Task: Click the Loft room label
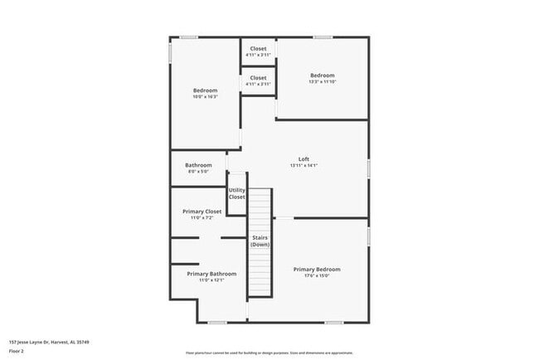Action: click(303, 159)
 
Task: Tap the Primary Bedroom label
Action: click(316, 269)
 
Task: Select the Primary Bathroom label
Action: click(211, 274)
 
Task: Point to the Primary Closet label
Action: click(202, 212)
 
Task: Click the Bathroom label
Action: click(198, 165)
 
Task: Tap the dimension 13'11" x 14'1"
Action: click(303, 166)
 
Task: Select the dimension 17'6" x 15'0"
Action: click(316, 275)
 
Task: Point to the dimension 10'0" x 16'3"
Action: click(205, 97)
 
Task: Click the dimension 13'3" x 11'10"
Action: click(322, 82)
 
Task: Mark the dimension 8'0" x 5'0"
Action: click(198, 172)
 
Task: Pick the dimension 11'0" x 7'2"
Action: click(202, 218)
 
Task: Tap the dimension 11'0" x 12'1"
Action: click(211, 280)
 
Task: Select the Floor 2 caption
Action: click(17, 351)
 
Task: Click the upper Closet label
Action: click(258, 49)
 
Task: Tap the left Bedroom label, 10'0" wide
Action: click(205, 90)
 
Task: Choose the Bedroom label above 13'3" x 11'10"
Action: click(322, 75)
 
